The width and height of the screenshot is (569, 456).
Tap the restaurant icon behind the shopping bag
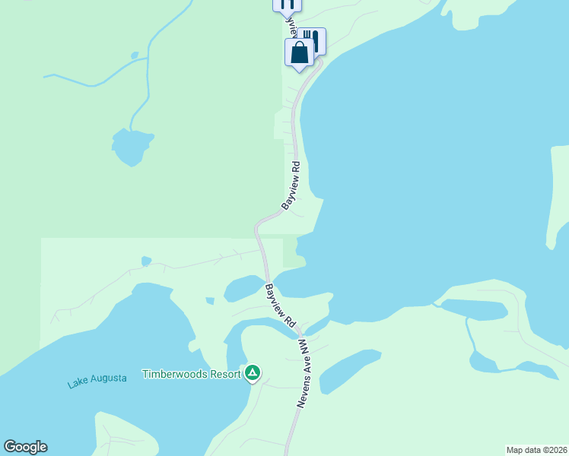pyautogui.click(x=312, y=40)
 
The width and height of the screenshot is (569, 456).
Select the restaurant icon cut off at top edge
pyautogui.click(x=287, y=4)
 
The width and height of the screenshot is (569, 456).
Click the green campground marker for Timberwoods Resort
pyautogui.click(x=253, y=373)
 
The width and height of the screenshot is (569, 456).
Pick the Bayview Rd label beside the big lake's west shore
pyautogui.click(x=291, y=185)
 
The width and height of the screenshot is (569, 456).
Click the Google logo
pyautogui.click(x=25, y=447)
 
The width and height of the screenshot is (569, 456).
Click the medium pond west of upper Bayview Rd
pyautogui.click(x=132, y=146)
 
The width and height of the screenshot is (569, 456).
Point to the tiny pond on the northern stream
pyautogui.click(x=134, y=55)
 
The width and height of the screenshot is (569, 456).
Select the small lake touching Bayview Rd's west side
pyautogui.click(x=243, y=288)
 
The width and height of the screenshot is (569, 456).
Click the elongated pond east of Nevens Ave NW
pyautogui.click(x=348, y=370)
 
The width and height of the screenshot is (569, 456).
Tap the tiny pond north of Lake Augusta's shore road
pyautogui.click(x=146, y=261)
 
